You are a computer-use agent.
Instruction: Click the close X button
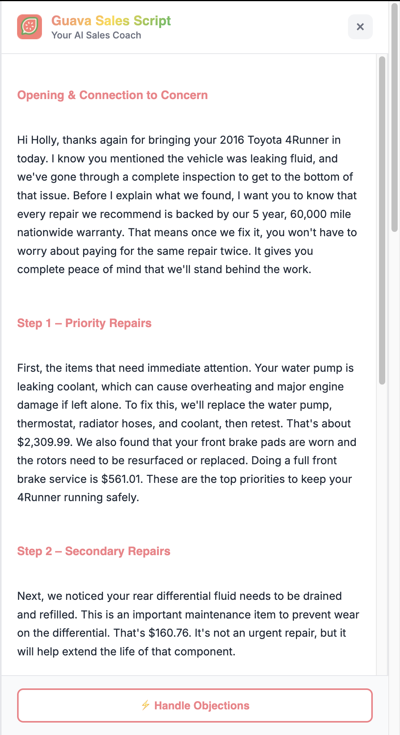point(360,27)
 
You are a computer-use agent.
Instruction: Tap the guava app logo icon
point(30,27)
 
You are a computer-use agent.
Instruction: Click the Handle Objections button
point(195,705)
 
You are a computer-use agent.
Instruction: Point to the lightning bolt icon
point(146,705)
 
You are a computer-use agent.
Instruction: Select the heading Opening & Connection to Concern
point(112,95)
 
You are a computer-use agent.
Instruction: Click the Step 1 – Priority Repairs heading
point(84,323)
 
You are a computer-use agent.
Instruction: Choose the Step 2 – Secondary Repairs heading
point(94,551)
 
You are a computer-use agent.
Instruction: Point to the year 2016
point(232,140)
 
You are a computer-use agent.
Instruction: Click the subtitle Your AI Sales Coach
point(96,35)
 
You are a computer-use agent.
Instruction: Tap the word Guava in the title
point(71,21)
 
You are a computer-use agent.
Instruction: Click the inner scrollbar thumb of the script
point(382,220)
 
